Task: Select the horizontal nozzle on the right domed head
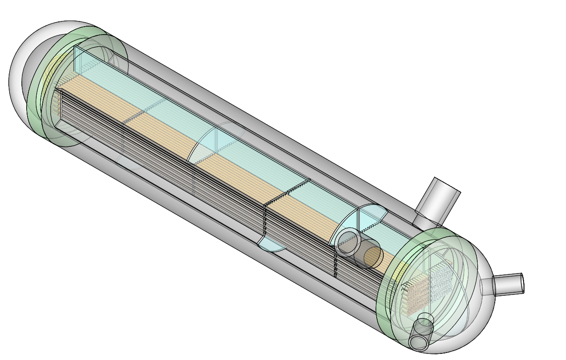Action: [x=507, y=284]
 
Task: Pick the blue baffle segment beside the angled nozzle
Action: [x=372, y=214]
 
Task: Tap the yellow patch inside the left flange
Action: [x=50, y=70]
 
